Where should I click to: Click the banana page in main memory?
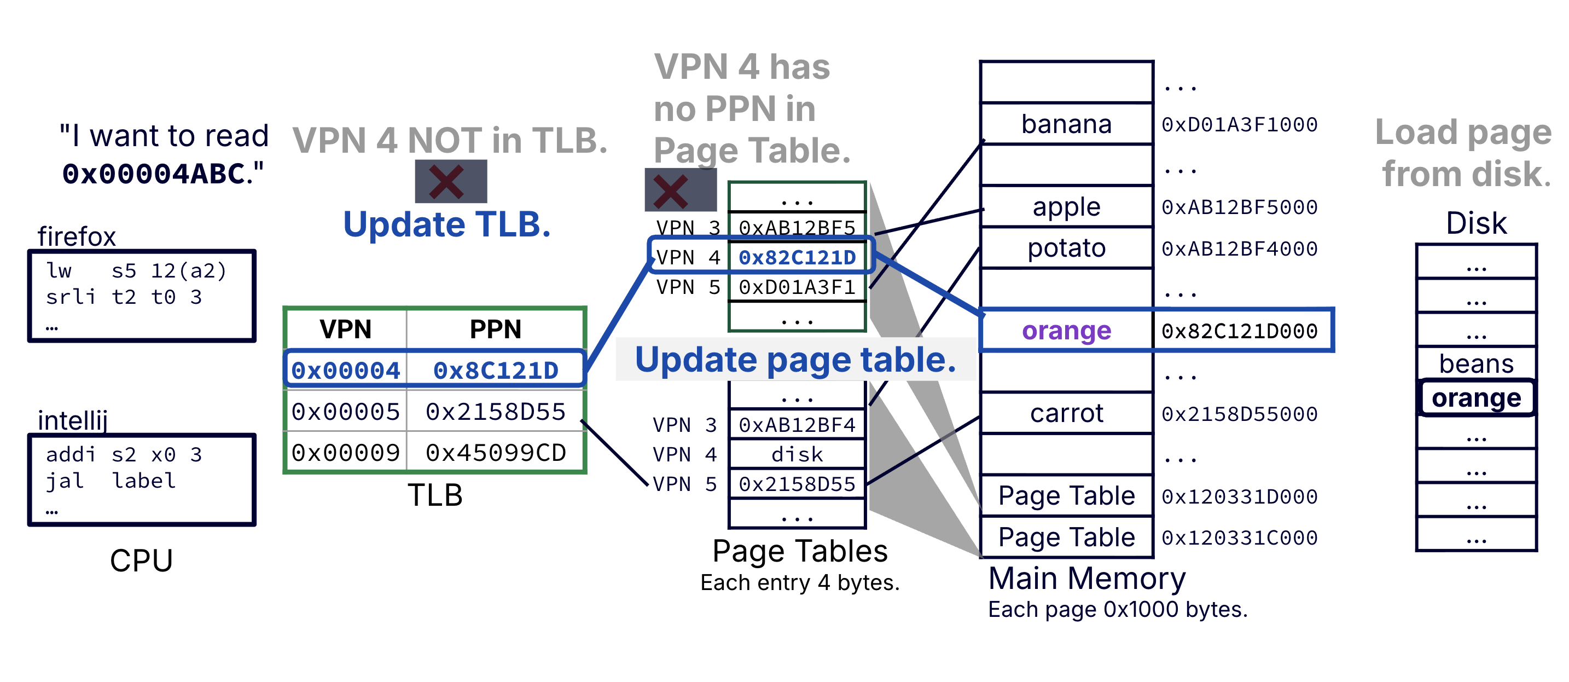pos(1066,124)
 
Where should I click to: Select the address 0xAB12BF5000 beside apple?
pos(1239,207)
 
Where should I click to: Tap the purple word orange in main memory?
pos(1066,331)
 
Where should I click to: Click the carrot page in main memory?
pos(1066,413)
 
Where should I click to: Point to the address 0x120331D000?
pos(1239,496)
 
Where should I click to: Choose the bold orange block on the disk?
pos(1476,398)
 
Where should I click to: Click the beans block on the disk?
pos(1476,364)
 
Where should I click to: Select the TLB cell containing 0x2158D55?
pos(495,412)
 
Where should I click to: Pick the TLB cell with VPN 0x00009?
pos(345,452)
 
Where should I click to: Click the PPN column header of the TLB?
pos(495,329)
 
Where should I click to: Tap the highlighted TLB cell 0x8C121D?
pos(495,370)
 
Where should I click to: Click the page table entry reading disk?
pos(797,454)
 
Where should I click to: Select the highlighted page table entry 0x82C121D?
pos(797,257)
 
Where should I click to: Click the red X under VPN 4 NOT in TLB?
pos(447,182)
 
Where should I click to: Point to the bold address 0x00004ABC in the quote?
pos(154,174)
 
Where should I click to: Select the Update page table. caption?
pos(795,360)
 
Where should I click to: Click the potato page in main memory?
pos(1066,248)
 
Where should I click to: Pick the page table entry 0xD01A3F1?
pos(797,286)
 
